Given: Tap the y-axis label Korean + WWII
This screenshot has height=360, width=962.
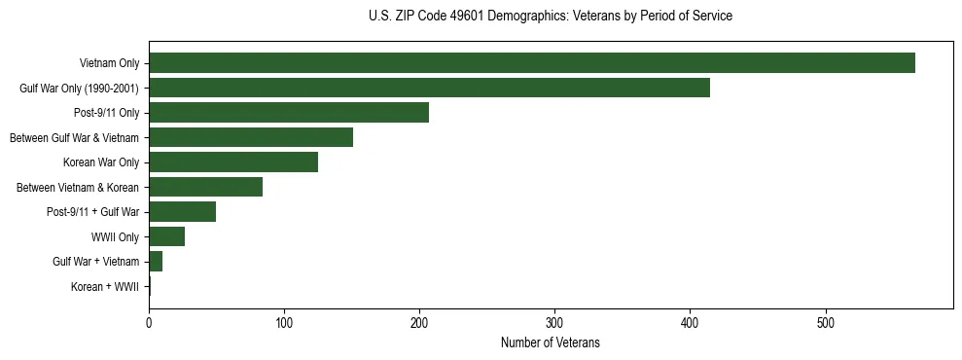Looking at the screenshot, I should [x=105, y=287].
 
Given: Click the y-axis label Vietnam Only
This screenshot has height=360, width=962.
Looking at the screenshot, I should [x=109, y=64].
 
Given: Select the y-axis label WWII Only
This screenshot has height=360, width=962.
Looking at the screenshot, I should [x=115, y=237].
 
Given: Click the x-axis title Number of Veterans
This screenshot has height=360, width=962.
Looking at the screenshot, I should [x=551, y=343].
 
